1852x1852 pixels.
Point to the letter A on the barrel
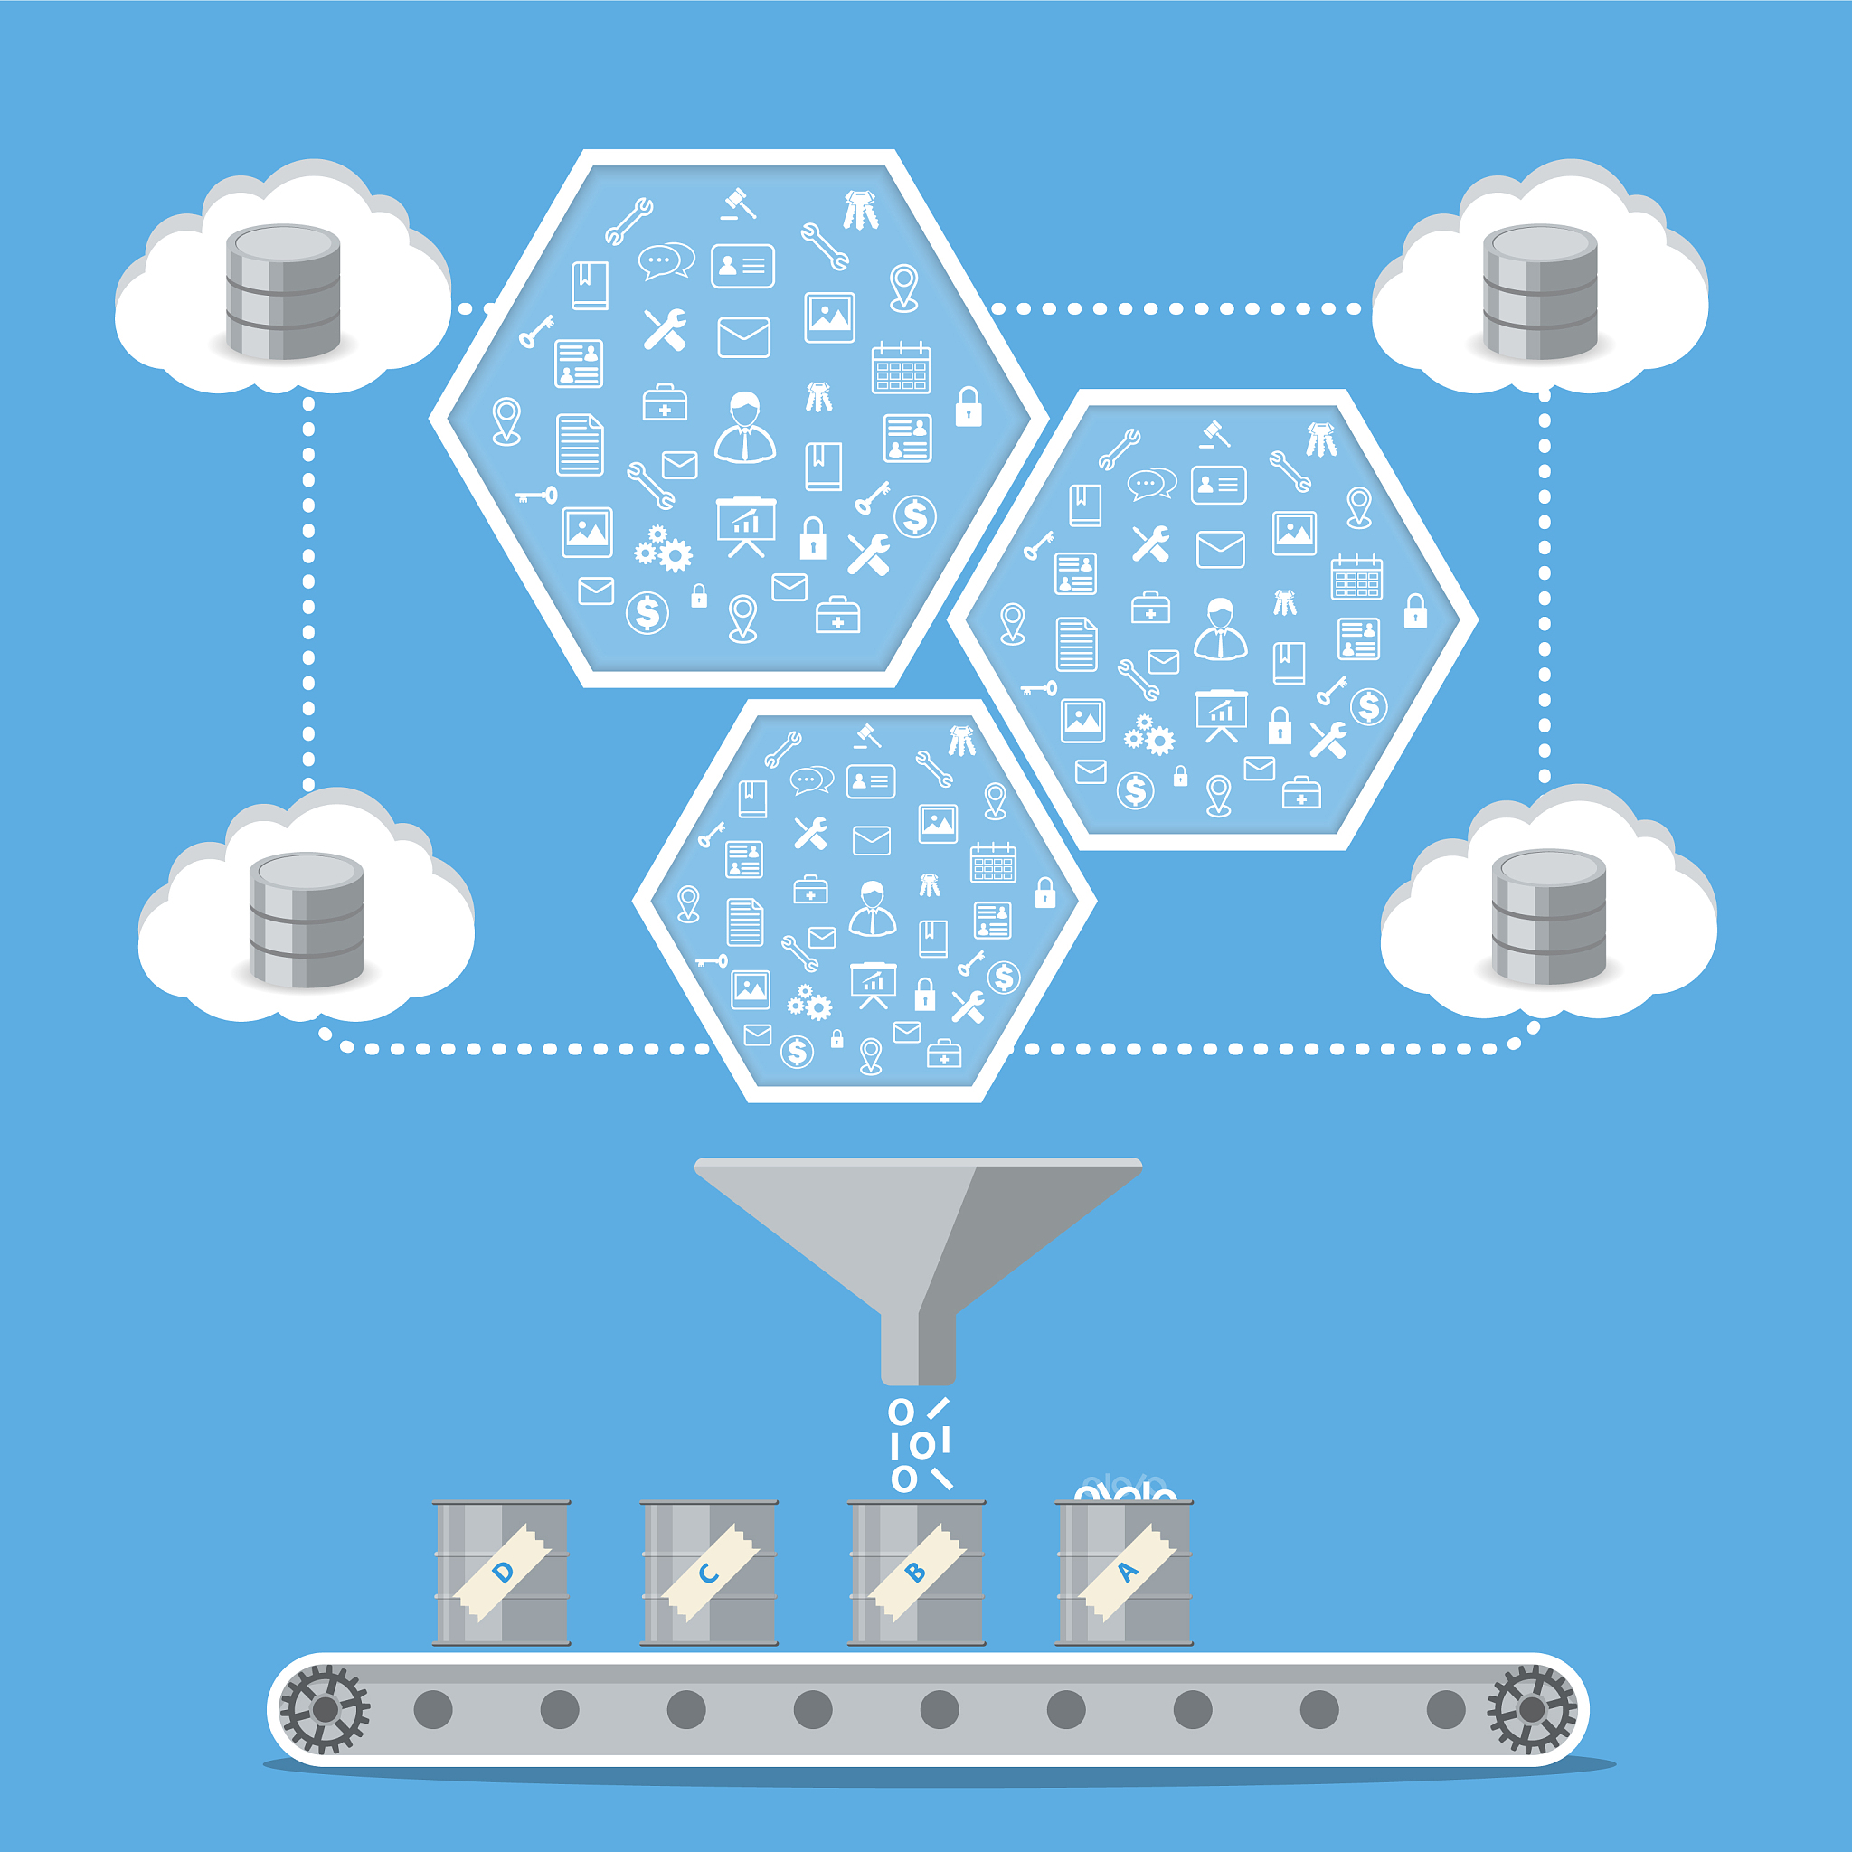pyautogui.click(x=1128, y=1572)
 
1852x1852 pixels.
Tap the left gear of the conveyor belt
pyautogui.click(x=324, y=1709)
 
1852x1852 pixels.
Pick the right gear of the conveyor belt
pyautogui.click(x=1531, y=1709)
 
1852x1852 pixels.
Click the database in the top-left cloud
pyautogui.click(x=283, y=291)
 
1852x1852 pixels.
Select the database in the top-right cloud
pyautogui.click(x=1539, y=291)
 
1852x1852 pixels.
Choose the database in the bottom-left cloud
pyautogui.click(x=306, y=920)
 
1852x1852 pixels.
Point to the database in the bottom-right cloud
pyautogui.click(x=1548, y=916)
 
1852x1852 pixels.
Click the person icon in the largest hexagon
pyautogui.click(x=745, y=428)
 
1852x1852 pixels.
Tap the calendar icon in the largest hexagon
pyautogui.click(x=901, y=368)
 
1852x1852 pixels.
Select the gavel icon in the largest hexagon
pyautogui.click(x=738, y=203)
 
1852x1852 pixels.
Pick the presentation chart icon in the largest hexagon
pyautogui.click(x=746, y=526)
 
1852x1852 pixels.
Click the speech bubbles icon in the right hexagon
pyautogui.click(x=1151, y=484)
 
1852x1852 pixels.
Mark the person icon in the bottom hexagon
pyautogui.click(x=873, y=908)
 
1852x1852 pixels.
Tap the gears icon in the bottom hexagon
pyautogui.click(x=809, y=1003)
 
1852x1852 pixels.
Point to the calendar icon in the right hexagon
pyautogui.click(x=1356, y=577)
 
